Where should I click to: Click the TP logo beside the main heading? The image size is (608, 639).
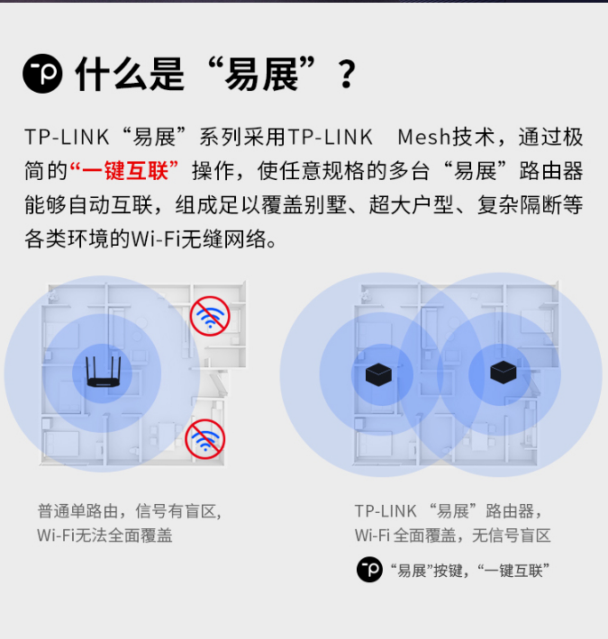tap(42, 74)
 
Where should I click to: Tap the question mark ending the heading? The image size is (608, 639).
tap(347, 74)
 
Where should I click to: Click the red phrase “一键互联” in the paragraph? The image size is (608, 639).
tap(124, 170)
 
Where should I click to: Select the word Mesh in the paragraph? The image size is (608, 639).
tap(423, 137)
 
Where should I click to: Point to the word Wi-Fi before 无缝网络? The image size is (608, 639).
tap(155, 238)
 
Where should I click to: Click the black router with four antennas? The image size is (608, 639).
tap(104, 372)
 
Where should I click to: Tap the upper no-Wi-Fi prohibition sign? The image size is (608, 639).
tap(210, 316)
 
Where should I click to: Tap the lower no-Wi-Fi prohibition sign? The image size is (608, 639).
tap(205, 439)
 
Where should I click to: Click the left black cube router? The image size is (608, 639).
tap(379, 374)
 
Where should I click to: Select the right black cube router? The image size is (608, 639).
tap(504, 372)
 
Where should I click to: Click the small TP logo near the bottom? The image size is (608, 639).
tap(369, 570)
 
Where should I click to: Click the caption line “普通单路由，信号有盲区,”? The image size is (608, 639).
tap(130, 511)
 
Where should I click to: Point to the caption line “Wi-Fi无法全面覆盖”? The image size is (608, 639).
tap(104, 535)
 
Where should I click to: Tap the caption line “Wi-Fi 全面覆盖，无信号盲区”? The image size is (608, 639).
tap(453, 535)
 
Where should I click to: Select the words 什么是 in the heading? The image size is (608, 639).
tap(130, 74)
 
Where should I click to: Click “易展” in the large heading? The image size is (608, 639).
tap(261, 74)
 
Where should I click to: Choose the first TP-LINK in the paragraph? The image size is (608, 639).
tap(67, 137)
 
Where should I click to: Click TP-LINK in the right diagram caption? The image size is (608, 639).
tap(386, 511)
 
